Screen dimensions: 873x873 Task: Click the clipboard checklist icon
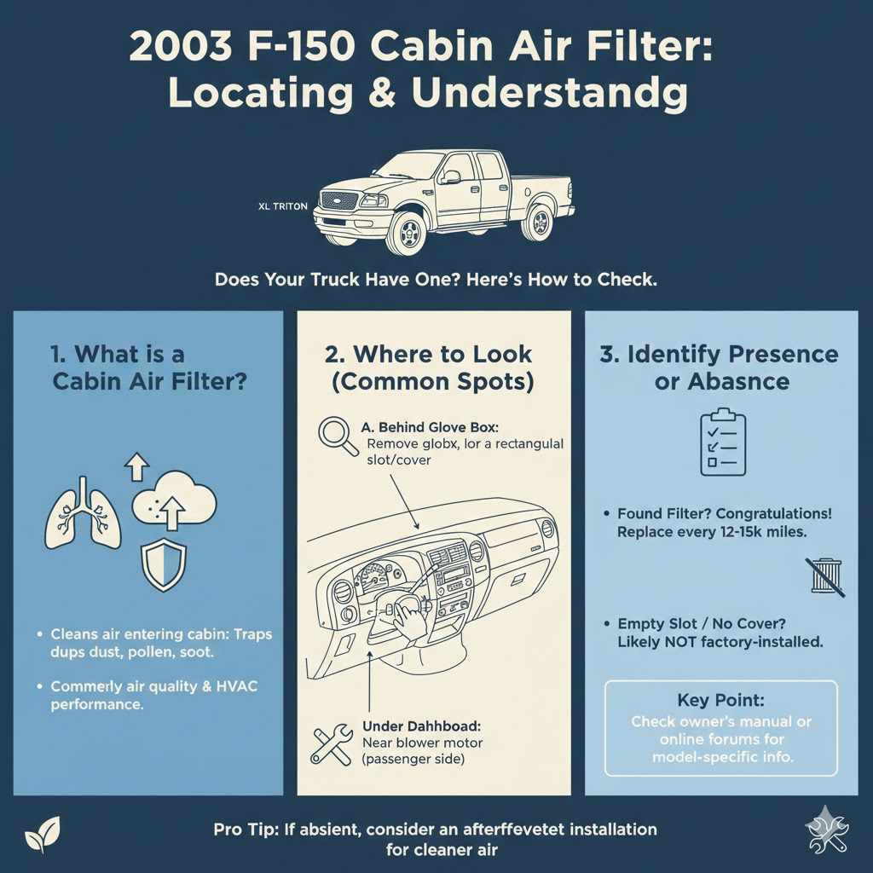point(722,442)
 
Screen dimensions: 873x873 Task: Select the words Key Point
point(720,700)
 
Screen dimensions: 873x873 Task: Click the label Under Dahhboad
point(422,726)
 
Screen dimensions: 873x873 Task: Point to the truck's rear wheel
point(540,222)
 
